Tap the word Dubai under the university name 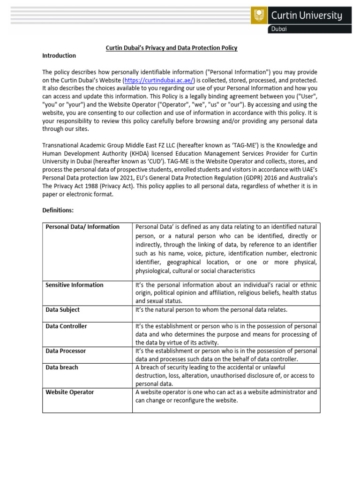pyautogui.click(x=282, y=29)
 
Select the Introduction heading pyautogui.click(x=59, y=56)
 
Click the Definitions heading pyautogui.click(x=58, y=210)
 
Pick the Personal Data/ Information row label pyautogui.click(x=82, y=227)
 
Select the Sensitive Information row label pyautogui.click(x=75, y=285)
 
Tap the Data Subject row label pyautogui.click(x=62, y=310)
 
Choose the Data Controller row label pyautogui.click(x=66, y=326)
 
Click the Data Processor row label pyautogui.click(x=66, y=351)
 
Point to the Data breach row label pyautogui.click(x=62, y=367)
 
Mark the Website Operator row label pyautogui.click(x=69, y=392)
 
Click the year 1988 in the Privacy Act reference pyautogui.click(x=90, y=186)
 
